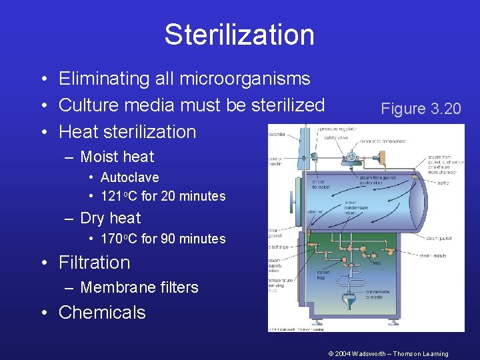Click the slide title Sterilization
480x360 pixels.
click(x=239, y=35)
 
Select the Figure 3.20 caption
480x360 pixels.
click(x=421, y=109)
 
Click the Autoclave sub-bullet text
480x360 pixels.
click(x=129, y=177)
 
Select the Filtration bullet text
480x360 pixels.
click(x=94, y=263)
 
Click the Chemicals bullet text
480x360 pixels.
click(x=102, y=313)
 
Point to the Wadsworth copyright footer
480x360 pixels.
click(x=388, y=354)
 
